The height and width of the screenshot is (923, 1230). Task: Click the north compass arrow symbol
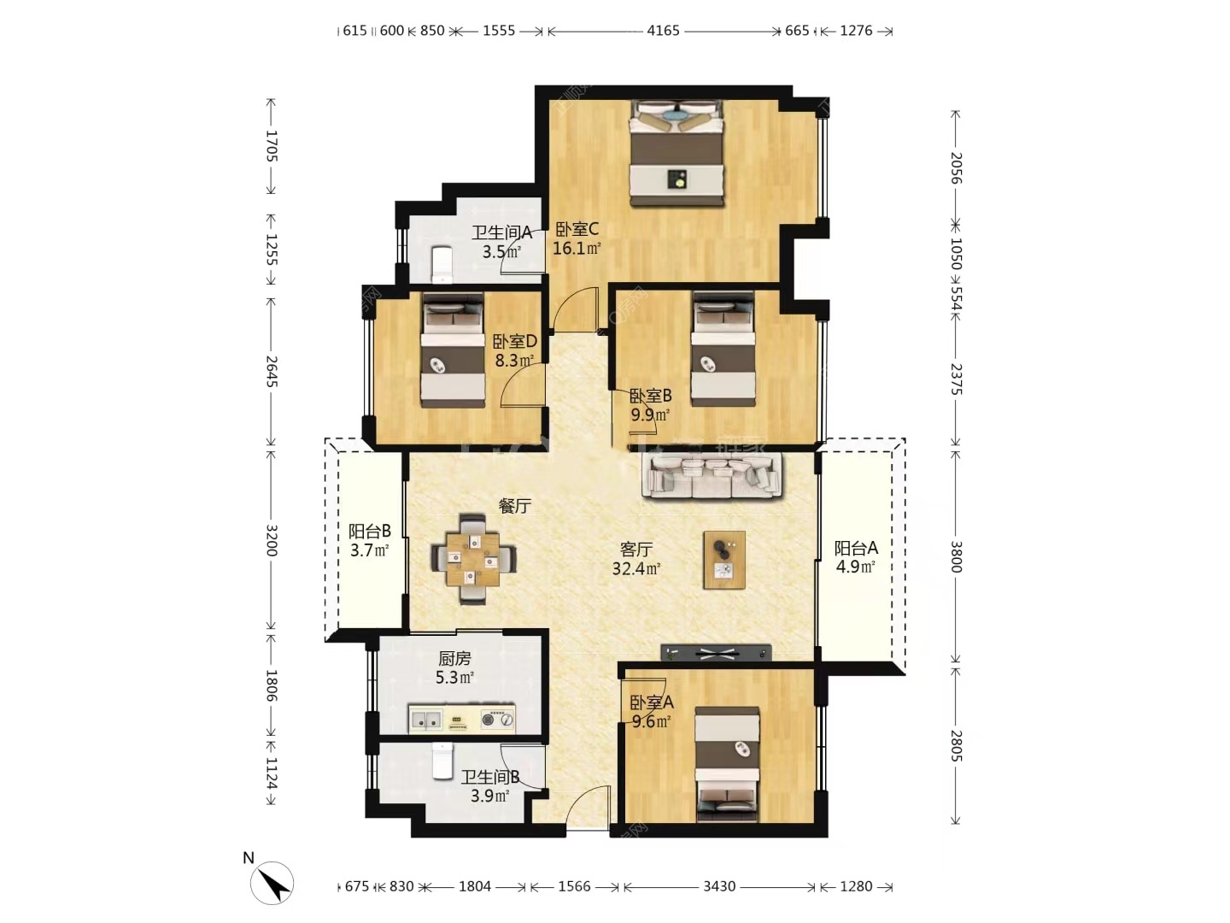(272, 884)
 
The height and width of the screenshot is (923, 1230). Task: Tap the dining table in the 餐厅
(472, 558)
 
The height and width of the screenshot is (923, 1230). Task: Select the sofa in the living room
(713, 475)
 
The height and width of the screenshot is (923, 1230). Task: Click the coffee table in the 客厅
(724, 559)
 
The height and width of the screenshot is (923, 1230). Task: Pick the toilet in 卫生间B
(442, 761)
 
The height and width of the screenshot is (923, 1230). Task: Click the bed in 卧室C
(676, 153)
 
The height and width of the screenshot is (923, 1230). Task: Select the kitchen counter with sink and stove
(462, 720)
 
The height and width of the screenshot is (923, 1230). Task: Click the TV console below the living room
(716, 652)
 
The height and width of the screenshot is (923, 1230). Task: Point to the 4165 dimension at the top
(663, 30)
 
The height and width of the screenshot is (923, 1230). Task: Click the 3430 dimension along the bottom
(719, 886)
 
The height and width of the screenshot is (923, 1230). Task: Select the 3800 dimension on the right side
(957, 557)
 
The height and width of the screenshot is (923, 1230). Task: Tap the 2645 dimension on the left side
(272, 371)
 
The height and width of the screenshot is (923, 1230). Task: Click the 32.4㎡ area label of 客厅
(636, 569)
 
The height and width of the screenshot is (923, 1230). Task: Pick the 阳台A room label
(856, 548)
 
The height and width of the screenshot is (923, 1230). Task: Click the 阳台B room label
(369, 531)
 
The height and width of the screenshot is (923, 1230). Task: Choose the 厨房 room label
(454, 658)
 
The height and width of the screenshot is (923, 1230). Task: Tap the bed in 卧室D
(453, 350)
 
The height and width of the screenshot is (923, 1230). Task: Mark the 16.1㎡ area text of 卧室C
(577, 248)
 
